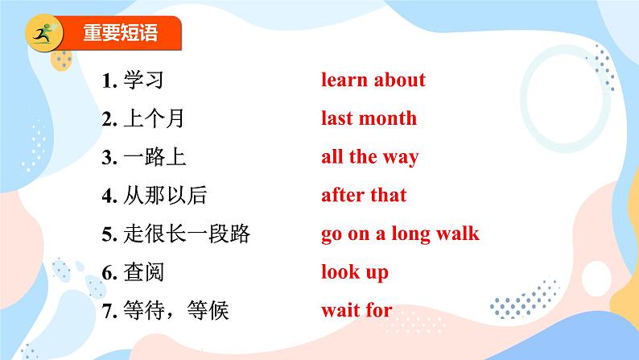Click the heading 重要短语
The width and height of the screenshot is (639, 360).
coord(120,32)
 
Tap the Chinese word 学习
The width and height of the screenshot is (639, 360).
coord(143,80)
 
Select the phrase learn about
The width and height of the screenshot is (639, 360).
coord(373,80)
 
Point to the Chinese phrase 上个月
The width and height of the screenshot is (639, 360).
coord(154,118)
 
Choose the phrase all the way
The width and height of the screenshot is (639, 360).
coord(370,157)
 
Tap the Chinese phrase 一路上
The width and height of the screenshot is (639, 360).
coord(155,157)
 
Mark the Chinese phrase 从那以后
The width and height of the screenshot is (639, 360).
coord(165,195)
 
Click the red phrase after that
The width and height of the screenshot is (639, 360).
coord(364,195)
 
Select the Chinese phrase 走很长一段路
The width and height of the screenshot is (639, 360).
coord(187,234)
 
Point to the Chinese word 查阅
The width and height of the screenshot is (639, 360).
coord(143,272)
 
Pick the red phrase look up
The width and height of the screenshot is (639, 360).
coord(355,272)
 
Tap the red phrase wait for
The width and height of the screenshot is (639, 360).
coord(357,310)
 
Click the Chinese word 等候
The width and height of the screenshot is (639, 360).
coord(208,311)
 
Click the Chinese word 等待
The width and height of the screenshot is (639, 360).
coord(143,311)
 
